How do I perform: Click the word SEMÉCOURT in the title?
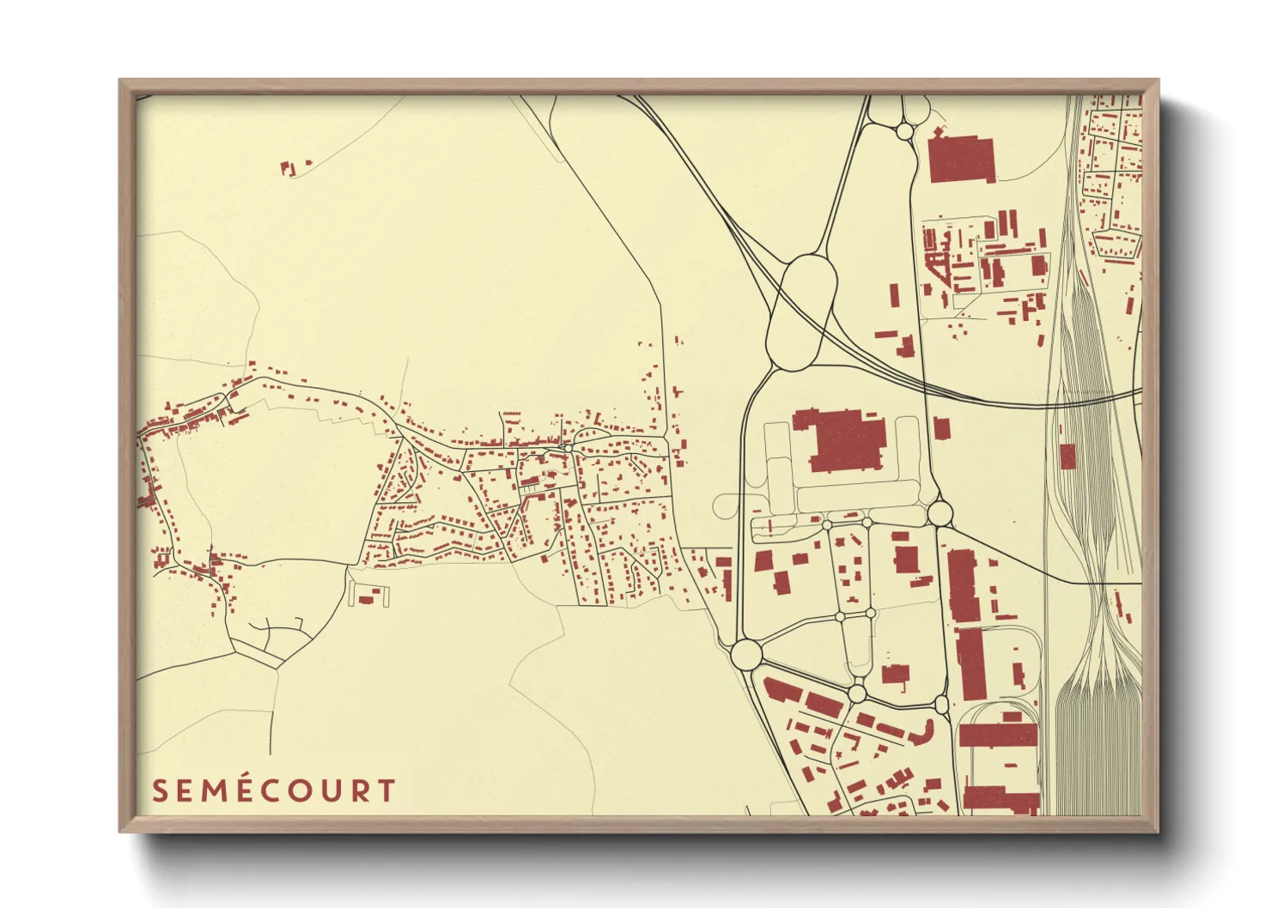(274, 790)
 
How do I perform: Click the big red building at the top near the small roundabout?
(962, 159)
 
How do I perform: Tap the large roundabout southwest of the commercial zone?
(746, 654)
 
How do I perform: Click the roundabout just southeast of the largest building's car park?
(940, 513)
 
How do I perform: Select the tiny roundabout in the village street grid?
(568, 448)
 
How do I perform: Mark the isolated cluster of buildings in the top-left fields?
(290, 167)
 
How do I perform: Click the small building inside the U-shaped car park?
(368, 598)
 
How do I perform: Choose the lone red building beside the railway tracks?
(1067, 456)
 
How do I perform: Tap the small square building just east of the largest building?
(941, 427)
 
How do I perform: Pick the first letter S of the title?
(160, 790)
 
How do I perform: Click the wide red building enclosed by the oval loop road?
(998, 735)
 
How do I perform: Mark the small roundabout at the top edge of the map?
(904, 131)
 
